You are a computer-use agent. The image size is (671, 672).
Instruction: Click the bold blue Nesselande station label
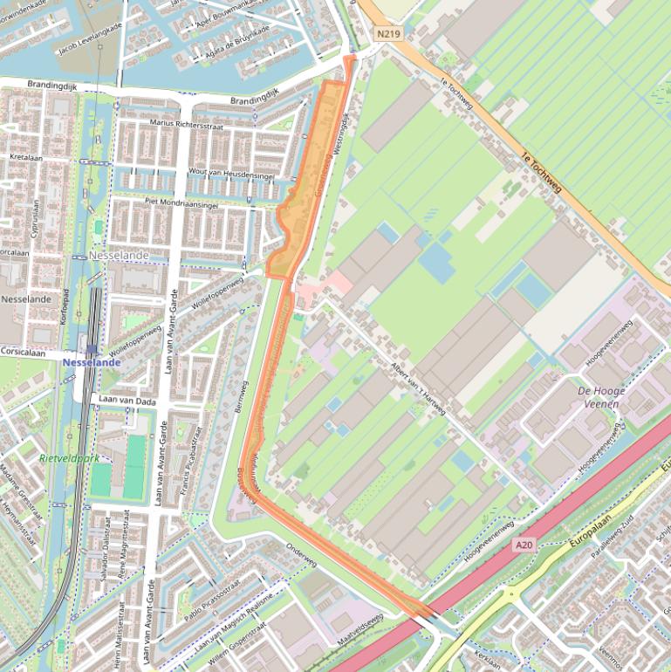92,361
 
